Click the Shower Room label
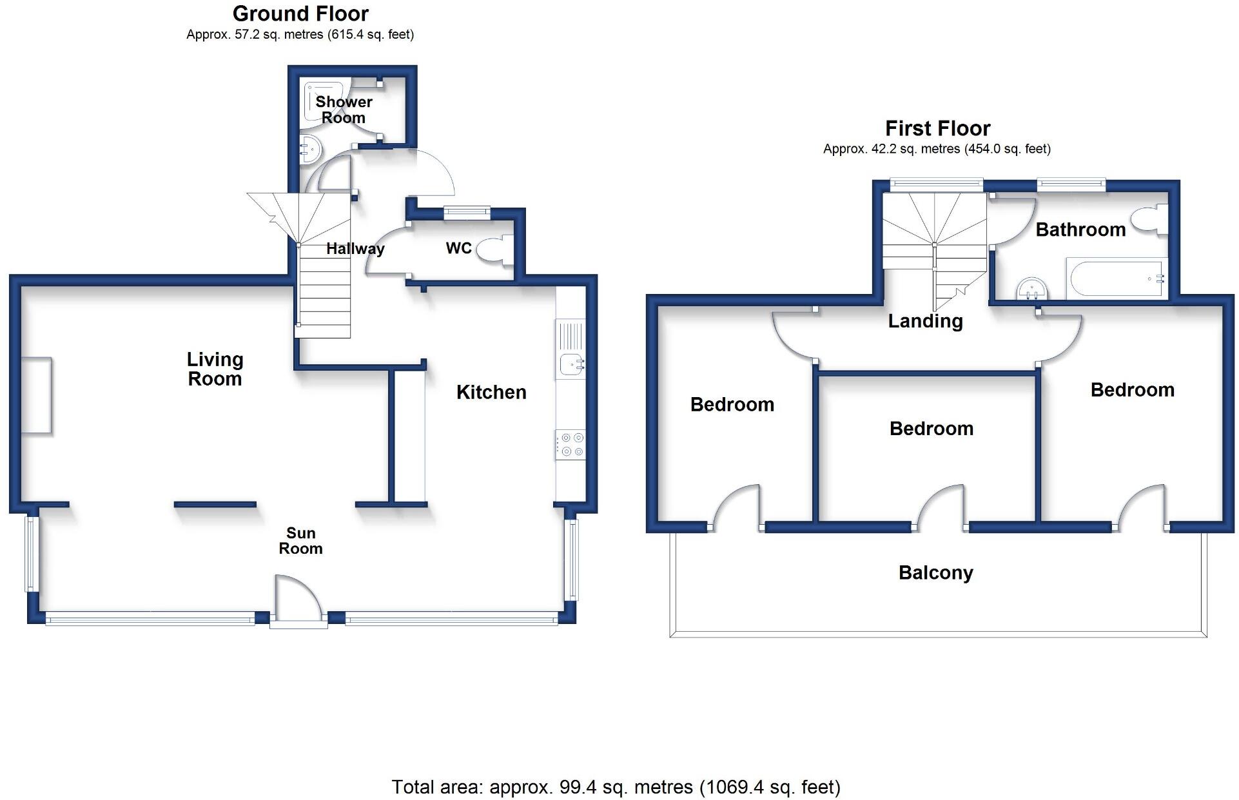click(x=344, y=110)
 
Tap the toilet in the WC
click(x=495, y=249)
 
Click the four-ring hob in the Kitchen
click(x=571, y=445)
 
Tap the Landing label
click(x=925, y=321)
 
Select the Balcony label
click(x=935, y=572)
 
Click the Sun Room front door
click(x=298, y=600)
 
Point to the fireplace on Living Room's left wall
click(x=37, y=395)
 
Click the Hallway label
click(x=355, y=248)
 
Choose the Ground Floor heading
click(x=300, y=14)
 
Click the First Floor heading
click(x=937, y=128)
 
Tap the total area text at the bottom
click(x=616, y=787)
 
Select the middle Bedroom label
click(x=931, y=429)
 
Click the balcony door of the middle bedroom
click(x=941, y=509)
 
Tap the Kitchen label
click(x=491, y=392)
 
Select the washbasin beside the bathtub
click(x=1031, y=290)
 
